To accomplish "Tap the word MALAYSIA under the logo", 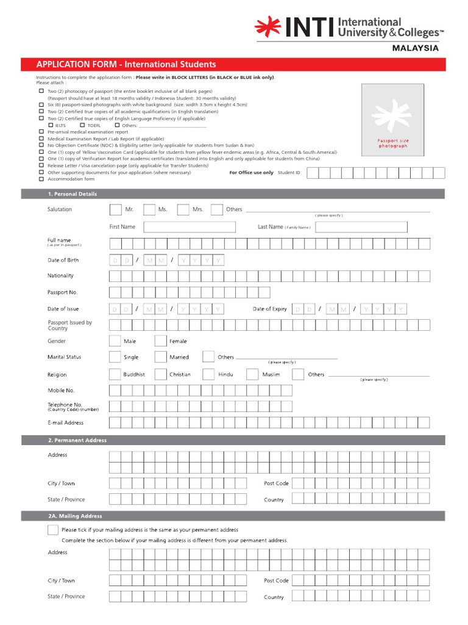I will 415,48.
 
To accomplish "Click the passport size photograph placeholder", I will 392,118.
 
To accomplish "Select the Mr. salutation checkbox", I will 115,210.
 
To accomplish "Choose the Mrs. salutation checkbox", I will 183,210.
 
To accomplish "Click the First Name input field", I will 189,227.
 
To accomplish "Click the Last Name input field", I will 361,227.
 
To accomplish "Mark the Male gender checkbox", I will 115,341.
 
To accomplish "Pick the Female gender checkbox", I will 160,341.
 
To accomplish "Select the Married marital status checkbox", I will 160,357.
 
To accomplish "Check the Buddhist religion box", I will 115,375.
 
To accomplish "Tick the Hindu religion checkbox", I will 208,375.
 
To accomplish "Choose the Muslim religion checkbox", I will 252,375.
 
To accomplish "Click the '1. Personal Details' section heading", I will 73,194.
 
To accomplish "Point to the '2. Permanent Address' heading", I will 77,440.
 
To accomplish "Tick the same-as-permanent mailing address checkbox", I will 53,530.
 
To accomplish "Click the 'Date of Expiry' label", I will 269,309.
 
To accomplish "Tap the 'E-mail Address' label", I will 66,423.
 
